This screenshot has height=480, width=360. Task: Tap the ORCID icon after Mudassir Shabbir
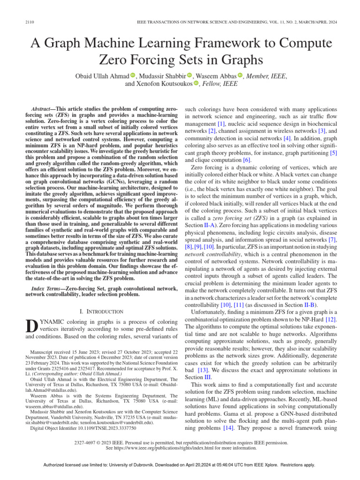(x=190, y=75)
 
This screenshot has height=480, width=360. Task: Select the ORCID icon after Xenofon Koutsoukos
(x=196, y=84)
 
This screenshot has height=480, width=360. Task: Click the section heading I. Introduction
(x=102, y=311)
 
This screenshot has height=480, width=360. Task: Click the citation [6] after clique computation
(x=247, y=160)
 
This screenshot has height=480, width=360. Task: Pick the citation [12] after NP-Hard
(x=331, y=319)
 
